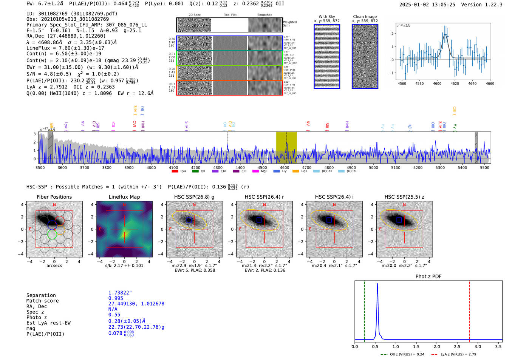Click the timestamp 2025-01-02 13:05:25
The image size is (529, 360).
427,5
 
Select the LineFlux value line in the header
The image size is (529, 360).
65,48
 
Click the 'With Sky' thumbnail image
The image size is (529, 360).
327,56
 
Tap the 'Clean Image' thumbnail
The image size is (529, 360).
365,56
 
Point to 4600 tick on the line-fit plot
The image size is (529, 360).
437,83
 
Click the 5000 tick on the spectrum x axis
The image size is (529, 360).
373,168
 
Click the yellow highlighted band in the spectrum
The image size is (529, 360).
286,147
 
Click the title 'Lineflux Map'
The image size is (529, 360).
124,197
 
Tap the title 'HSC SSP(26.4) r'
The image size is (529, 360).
264,197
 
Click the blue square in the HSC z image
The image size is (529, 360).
399,220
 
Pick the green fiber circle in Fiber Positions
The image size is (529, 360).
52,235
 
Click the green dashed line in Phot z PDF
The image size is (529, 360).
365,310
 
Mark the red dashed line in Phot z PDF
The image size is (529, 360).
469,310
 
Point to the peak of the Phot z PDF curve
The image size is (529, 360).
377,284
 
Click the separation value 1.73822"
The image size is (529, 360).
120,293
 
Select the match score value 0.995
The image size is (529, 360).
116,298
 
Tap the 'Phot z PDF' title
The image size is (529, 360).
428,276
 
